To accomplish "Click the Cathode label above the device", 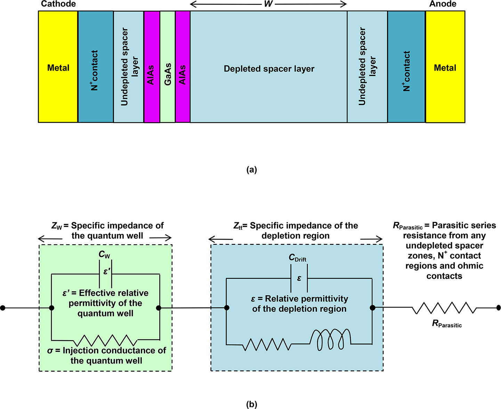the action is [58, 4].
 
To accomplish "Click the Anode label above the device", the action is [443, 4].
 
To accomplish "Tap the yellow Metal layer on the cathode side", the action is [58, 67].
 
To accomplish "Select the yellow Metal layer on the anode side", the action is [445, 67].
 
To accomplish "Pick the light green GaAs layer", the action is [168, 67].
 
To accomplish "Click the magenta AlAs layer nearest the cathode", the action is [152, 67].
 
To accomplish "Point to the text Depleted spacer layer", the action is [269, 69].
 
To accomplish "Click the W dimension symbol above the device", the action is [268, 4].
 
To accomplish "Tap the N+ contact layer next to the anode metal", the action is [406, 67].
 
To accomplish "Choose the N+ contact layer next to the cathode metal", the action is [96, 67].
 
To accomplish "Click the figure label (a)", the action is [252, 170].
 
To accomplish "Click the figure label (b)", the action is [252, 404].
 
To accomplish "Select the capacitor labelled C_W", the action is [105, 274].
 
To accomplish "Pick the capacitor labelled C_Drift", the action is [299, 278].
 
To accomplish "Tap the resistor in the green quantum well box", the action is [105, 340].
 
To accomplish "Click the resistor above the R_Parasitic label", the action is [444, 308].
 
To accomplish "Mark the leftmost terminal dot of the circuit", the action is [3, 308].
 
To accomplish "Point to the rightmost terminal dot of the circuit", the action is [498, 308].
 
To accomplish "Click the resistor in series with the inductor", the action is [267, 344].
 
